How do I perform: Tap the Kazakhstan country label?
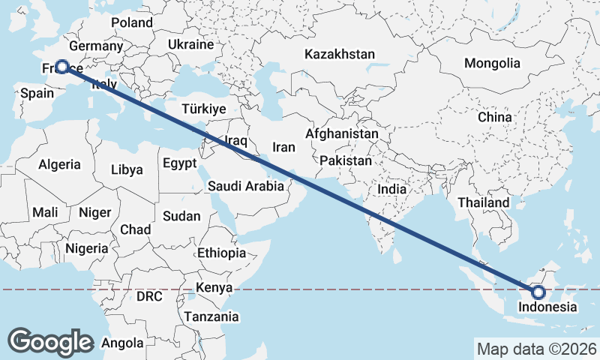(339, 54)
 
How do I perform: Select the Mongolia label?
(492, 63)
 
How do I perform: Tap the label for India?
(391, 189)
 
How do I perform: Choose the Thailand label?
(484, 202)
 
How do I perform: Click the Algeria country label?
(59, 164)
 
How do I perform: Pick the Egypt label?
(179, 163)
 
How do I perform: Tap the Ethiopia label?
(221, 253)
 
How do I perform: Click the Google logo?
(50, 342)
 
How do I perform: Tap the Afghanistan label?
(342, 133)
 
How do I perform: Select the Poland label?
(132, 22)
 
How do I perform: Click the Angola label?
(121, 343)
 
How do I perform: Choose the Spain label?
(37, 93)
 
